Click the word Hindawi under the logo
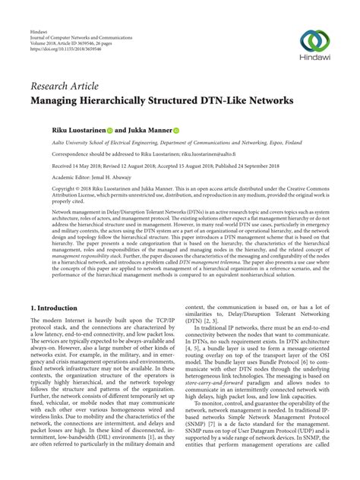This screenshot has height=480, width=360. click(314, 61)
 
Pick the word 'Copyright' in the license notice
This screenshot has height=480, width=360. click(46, 185)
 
